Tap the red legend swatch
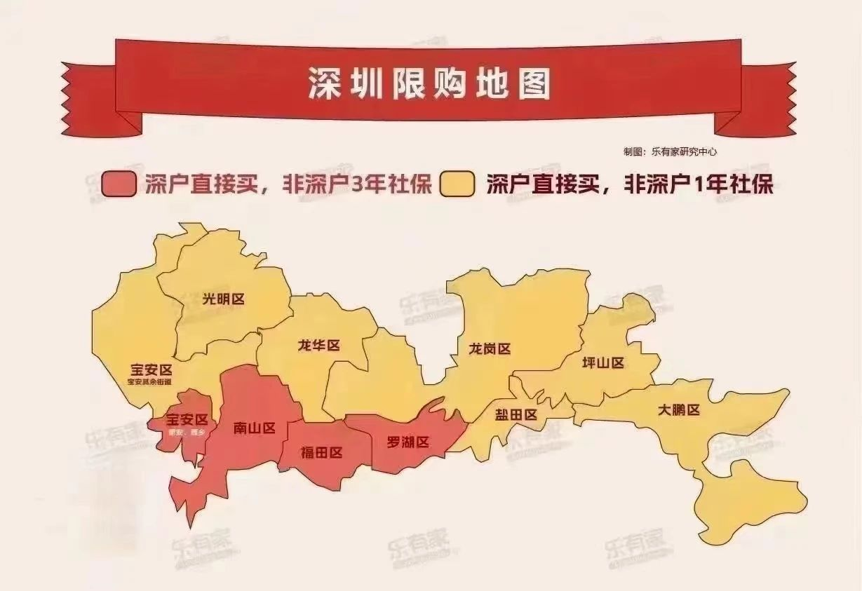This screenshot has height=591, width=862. point(119,184)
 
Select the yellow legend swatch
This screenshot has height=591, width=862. point(457,184)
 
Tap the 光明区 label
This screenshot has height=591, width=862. point(223,299)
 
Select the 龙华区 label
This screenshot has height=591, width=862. point(318,346)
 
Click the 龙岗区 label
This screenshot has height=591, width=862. point(490,348)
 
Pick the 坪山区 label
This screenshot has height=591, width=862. point(603,362)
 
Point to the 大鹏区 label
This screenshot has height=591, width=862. point(679,410)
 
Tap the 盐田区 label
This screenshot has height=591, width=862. point(516,414)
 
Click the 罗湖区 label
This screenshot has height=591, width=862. point(408,442)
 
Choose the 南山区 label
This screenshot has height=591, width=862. point(254,428)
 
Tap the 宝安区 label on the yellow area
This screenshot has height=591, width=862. point(151,369)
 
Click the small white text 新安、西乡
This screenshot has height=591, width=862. point(186,433)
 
